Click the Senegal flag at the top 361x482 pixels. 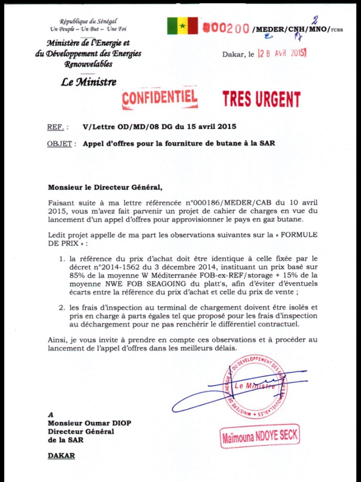(x=182, y=26)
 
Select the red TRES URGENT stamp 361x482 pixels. (x=261, y=98)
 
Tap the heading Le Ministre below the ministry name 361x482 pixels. (x=88, y=82)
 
